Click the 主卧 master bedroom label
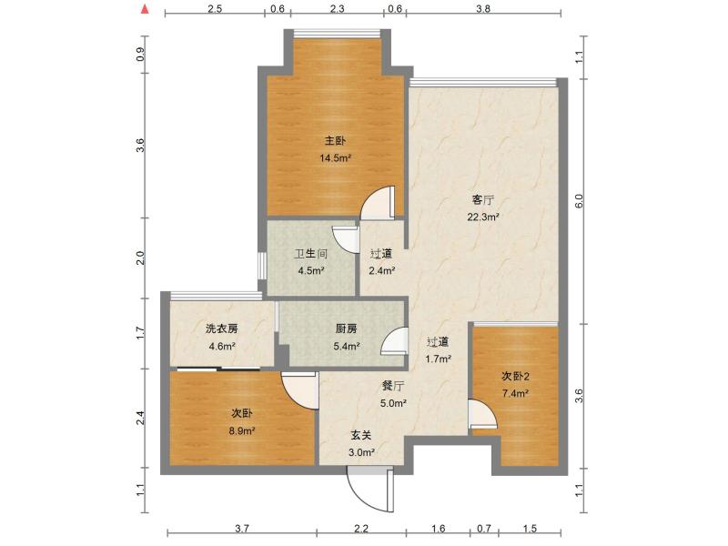(335, 141)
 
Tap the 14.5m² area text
(335, 157)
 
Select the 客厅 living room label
(482, 200)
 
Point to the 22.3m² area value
(482, 217)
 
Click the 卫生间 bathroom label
(310, 256)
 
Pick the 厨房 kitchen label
(345, 329)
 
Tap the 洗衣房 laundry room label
(221, 329)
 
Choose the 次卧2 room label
(514, 377)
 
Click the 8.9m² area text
(241, 430)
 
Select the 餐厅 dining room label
(393, 386)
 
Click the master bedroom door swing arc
(379, 204)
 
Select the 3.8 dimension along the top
(483, 8)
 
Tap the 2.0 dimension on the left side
(140, 258)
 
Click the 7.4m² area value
(514, 393)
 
